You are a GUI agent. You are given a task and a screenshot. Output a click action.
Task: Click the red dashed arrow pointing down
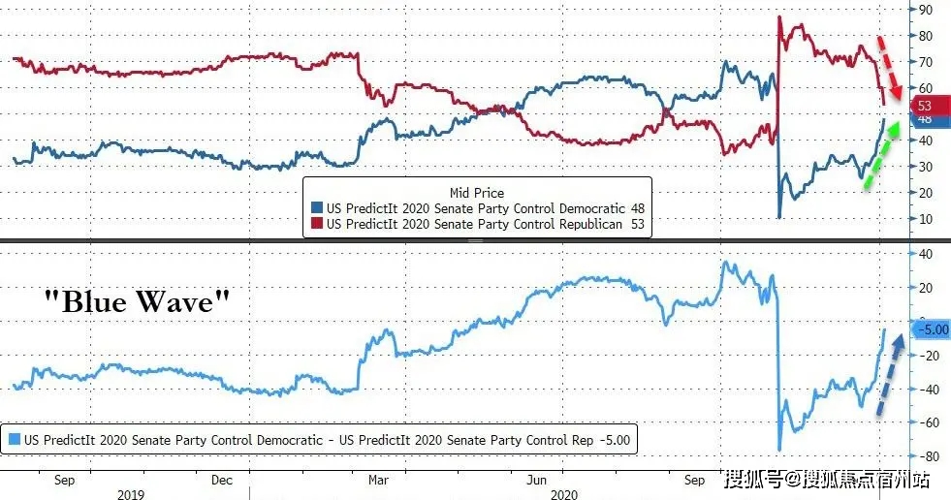click(x=889, y=70)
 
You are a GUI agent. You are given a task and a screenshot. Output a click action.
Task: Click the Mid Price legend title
click(x=477, y=193)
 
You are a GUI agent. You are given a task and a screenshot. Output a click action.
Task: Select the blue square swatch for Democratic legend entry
click(x=316, y=208)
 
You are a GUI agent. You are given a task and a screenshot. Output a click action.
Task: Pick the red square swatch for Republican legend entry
click(x=316, y=224)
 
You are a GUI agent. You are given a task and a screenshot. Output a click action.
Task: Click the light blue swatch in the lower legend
click(x=14, y=440)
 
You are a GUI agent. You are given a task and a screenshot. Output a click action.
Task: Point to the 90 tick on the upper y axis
click(x=926, y=10)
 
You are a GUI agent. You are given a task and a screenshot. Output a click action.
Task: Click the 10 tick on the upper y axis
click(x=926, y=219)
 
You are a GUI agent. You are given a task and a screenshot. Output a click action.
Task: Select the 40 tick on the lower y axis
click(x=926, y=254)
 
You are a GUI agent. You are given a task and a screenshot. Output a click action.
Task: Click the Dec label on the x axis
click(x=221, y=480)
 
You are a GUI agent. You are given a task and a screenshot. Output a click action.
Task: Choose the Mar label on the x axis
click(x=379, y=480)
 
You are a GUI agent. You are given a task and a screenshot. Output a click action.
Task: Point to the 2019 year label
click(x=132, y=494)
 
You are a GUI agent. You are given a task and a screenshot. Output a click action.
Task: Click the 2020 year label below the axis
click(x=565, y=494)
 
